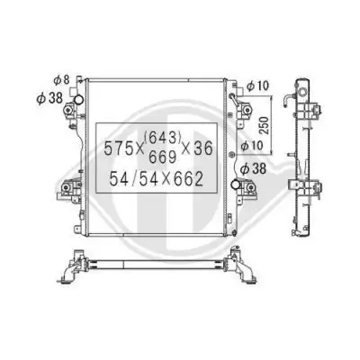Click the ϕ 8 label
coord(61,80)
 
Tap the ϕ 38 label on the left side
coord(49,98)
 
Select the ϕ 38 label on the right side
coord(254,169)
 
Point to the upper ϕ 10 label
coord(257,86)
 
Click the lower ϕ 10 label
coord(252,146)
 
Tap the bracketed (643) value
coord(163,138)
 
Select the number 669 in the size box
coord(162,157)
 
